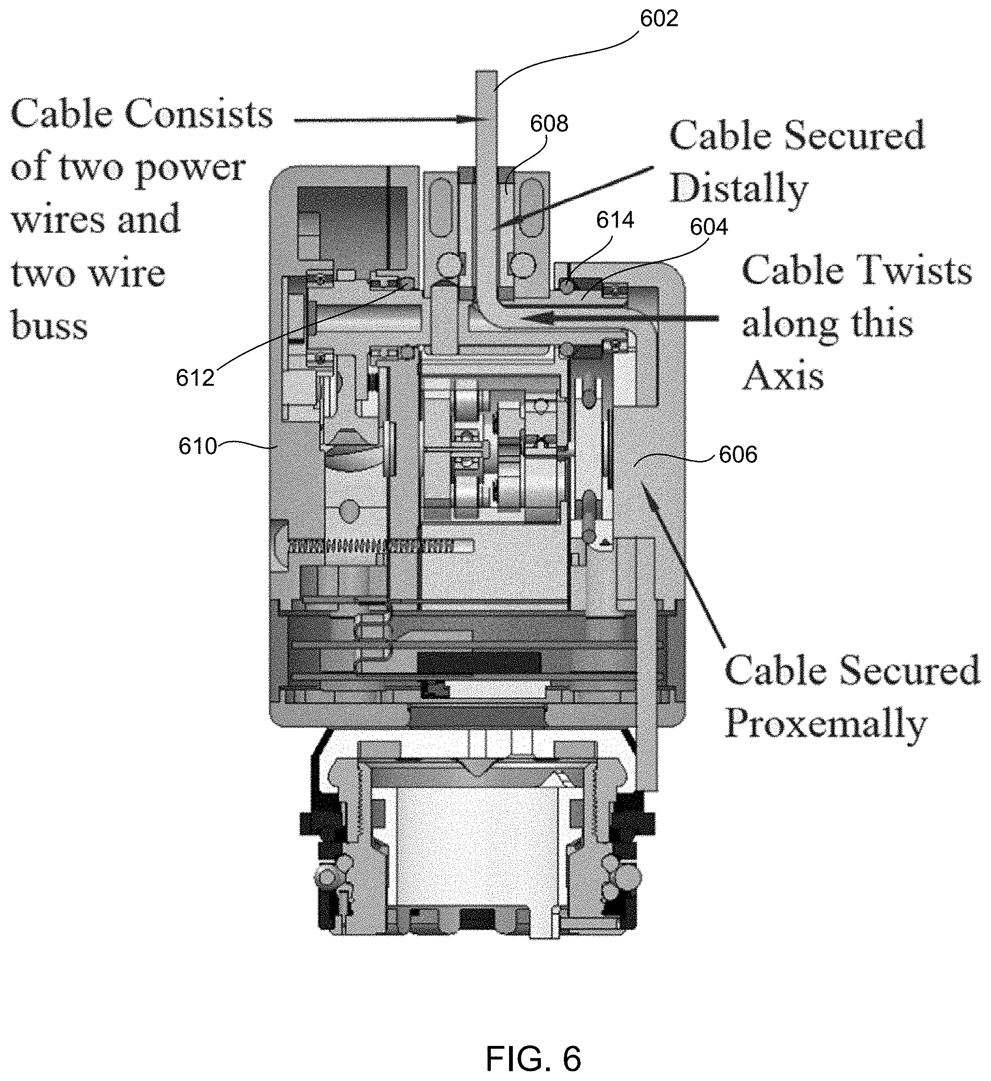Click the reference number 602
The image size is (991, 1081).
(x=659, y=19)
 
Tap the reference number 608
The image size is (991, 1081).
(x=548, y=124)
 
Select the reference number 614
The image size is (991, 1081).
(x=615, y=220)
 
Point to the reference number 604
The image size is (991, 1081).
(x=709, y=227)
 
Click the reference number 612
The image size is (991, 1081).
(x=195, y=378)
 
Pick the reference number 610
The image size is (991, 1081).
(x=197, y=446)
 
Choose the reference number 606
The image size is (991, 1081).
(x=738, y=455)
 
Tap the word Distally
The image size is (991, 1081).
(x=739, y=190)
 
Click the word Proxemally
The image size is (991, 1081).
(x=826, y=724)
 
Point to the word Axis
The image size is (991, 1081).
(x=783, y=375)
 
